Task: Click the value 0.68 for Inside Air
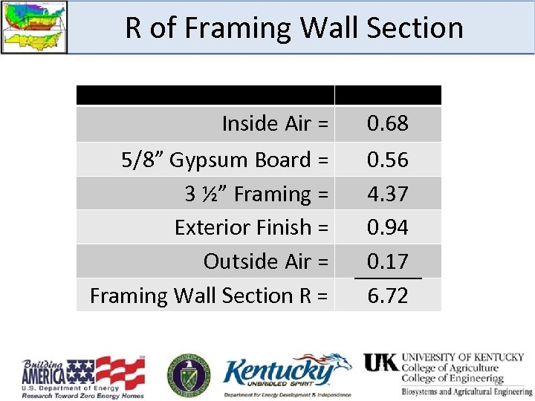(x=388, y=123)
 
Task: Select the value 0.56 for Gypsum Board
(x=388, y=160)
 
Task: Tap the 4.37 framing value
(x=388, y=194)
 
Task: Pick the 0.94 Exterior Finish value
(x=388, y=227)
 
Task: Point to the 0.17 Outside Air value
(x=388, y=261)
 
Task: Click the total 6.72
(x=388, y=296)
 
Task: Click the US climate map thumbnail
(x=33, y=27)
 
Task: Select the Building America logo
(x=82, y=378)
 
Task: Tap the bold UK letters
(x=380, y=362)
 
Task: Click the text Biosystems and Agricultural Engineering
(x=467, y=391)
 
